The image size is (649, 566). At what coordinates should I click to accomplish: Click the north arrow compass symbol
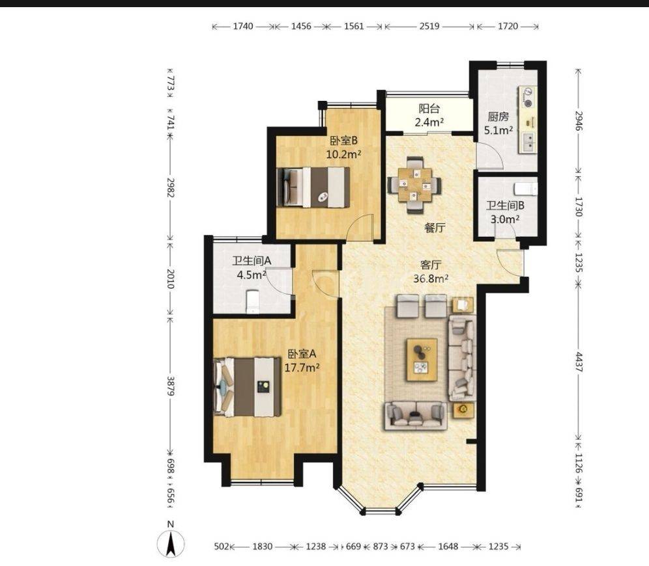pyautogui.click(x=171, y=543)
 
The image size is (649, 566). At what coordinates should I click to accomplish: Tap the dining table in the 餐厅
pyautogui.click(x=414, y=185)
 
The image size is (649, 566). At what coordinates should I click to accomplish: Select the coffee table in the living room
pyautogui.click(x=422, y=359)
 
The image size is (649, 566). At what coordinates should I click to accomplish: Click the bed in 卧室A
pyautogui.click(x=247, y=386)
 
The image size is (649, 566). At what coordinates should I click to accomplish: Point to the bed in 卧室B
pyautogui.click(x=313, y=187)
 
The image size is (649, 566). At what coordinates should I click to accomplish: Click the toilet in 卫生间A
pyautogui.click(x=252, y=301)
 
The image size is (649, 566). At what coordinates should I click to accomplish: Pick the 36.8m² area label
pyautogui.click(x=431, y=278)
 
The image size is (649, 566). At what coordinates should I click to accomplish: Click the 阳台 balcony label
pyautogui.click(x=429, y=109)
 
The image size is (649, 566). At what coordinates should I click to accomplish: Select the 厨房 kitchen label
pyautogui.click(x=498, y=116)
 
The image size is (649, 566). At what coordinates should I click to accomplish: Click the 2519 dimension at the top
pyautogui.click(x=429, y=26)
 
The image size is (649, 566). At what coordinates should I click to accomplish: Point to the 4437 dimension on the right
pyautogui.click(x=579, y=362)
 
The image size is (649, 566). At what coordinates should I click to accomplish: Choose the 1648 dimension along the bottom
pyautogui.click(x=448, y=546)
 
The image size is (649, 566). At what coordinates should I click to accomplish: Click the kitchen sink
pyautogui.click(x=528, y=141)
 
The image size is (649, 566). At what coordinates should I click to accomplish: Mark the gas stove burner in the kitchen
pyautogui.click(x=528, y=98)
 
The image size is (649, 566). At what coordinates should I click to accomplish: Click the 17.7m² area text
pyautogui.click(x=302, y=368)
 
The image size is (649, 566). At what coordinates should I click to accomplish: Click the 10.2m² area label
pyautogui.click(x=344, y=155)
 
